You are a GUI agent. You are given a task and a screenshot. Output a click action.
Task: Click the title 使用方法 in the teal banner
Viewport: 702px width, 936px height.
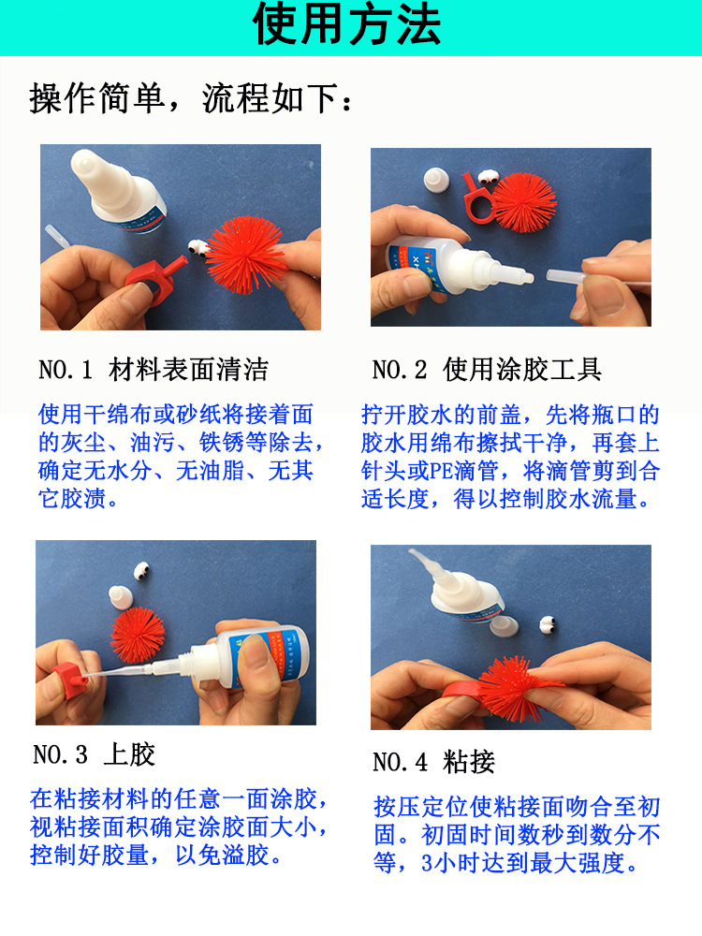[x=347, y=26]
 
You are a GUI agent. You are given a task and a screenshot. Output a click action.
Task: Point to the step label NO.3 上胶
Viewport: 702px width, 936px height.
[x=94, y=754]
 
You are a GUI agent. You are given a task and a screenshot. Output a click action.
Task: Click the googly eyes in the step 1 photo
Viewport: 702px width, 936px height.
[x=197, y=249]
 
